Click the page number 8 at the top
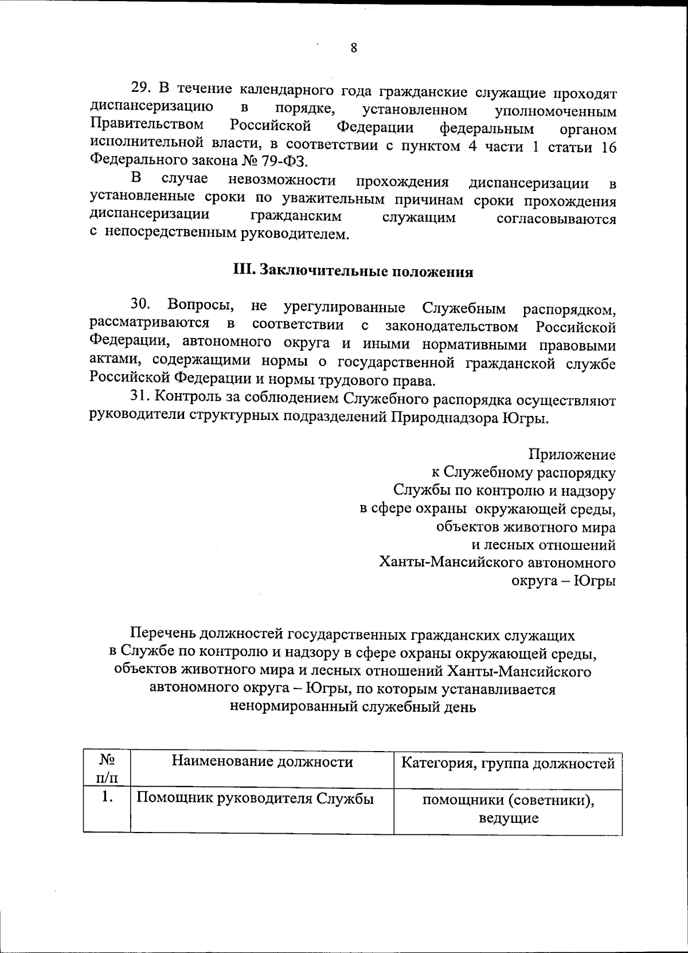coord(354,48)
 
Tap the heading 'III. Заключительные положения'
coord(353,271)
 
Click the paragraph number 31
coord(140,397)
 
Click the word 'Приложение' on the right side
coord(572,455)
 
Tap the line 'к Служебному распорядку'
coord(523,473)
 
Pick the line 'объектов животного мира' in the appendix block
coord(526,527)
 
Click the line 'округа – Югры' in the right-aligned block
coord(563,581)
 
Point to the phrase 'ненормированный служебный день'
coord(353,706)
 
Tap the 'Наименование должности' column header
coord(262,762)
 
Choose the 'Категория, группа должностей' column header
coord(508,763)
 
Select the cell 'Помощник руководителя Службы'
coord(255,798)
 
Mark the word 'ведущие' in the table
coord(509,818)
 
